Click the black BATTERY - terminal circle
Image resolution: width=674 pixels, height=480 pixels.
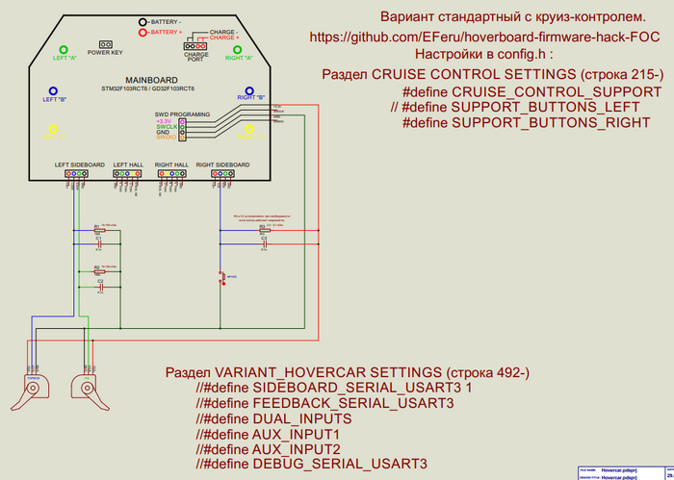tap(143, 20)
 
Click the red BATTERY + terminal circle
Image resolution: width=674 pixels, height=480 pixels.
tap(143, 32)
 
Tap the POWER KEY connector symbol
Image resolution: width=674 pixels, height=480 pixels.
tap(105, 44)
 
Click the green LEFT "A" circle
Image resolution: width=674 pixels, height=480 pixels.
tap(64, 50)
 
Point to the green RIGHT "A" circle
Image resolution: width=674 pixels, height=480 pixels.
tap(237, 50)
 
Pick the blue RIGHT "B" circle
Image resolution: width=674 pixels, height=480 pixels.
tap(249, 90)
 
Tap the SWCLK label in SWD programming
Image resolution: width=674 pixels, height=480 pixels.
tap(167, 126)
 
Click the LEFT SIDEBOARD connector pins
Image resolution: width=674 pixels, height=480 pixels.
tap(80, 174)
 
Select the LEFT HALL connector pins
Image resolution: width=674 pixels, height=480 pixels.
tap(128, 174)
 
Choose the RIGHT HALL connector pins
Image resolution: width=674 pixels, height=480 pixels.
tap(171, 174)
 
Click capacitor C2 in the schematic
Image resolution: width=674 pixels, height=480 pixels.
tap(99, 287)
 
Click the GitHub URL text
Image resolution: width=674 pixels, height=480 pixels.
tap(485, 38)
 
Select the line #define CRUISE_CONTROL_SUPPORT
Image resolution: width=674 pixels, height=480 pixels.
tap(531, 91)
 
